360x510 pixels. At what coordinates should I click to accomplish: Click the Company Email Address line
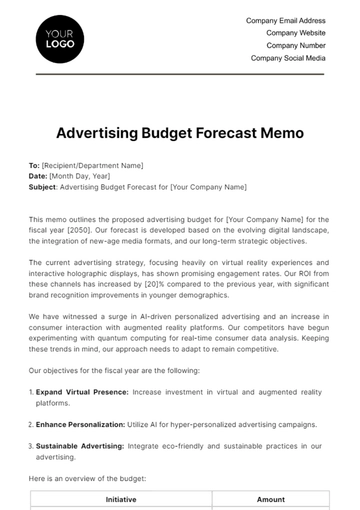(x=284, y=20)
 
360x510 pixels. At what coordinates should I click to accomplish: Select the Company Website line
(x=296, y=33)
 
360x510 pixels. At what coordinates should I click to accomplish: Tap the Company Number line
(x=297, y=45)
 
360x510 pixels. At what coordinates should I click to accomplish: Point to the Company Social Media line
(x=287, y=58)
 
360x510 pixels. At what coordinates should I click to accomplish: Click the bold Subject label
(x=44, y=187)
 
